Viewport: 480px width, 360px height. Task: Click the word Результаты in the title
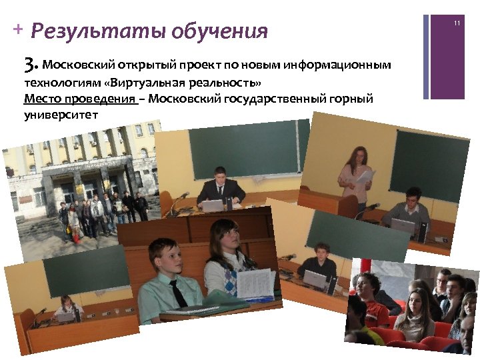[97, 31]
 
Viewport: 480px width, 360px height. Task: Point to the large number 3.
[29, 65]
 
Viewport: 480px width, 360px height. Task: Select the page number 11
[457, 23]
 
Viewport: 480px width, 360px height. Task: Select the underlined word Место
[39, 99]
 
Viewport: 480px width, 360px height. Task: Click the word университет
[60, 115]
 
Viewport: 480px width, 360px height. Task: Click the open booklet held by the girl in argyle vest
[256, 284]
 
